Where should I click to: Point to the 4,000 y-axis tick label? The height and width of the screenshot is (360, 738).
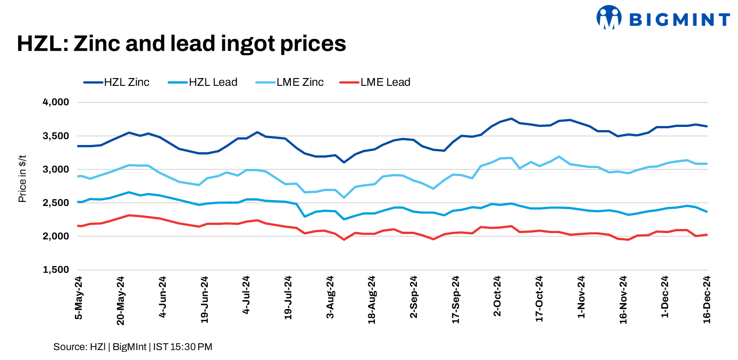tap(56, 103)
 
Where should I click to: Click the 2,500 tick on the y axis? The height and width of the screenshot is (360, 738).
tap(56, 203)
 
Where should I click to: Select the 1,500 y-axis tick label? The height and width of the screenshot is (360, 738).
tap(56, 270)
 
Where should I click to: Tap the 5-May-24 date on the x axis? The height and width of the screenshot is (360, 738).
tap(79, 298)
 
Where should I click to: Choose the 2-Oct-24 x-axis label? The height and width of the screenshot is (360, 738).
tap(498, 296)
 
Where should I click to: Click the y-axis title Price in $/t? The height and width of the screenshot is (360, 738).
tap(23, 179)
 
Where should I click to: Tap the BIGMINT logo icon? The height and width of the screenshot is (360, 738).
tap(609, 18)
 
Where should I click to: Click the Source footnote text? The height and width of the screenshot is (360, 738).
tap(133, 347)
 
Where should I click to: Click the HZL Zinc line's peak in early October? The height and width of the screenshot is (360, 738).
tap(511, 119)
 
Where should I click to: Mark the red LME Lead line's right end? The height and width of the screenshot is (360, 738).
tap(706, 235)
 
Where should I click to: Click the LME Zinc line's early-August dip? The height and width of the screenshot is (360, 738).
tap(344, 197)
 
